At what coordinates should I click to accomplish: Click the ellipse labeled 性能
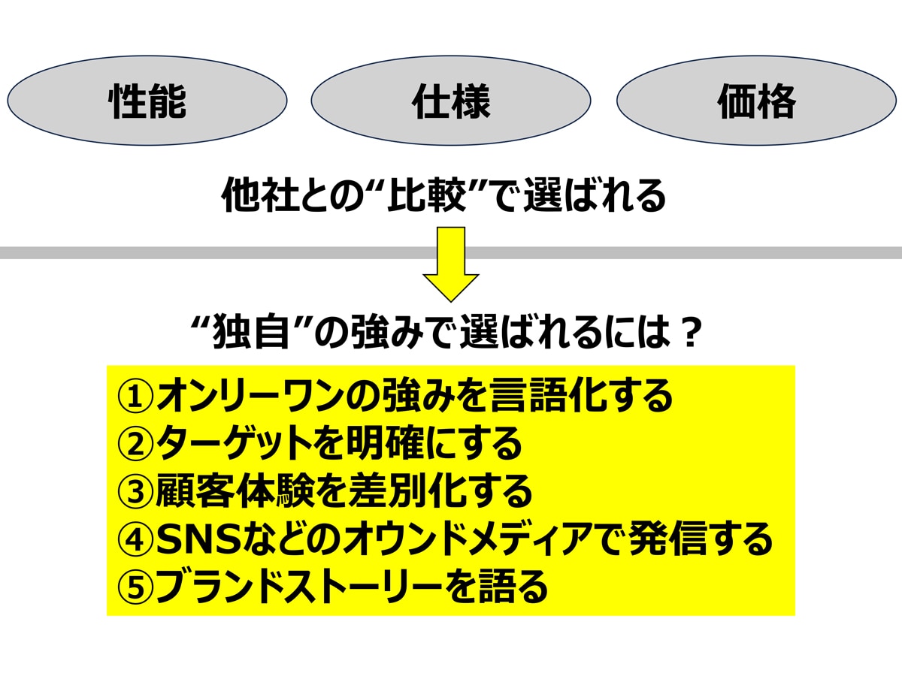(147, 101)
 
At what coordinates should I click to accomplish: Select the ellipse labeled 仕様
(451, 101)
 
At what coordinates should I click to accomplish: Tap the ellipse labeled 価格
(756, 101)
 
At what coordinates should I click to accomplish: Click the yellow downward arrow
(451, 264)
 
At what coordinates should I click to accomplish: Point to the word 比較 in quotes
(427, 195)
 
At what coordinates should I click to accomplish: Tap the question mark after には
(686, 333)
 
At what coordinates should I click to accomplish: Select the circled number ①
(135, 397)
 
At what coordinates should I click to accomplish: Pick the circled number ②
(135, 445)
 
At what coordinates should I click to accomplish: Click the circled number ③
(135, 492)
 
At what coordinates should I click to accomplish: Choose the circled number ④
(135, 540)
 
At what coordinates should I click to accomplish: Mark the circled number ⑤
(135, 587)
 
